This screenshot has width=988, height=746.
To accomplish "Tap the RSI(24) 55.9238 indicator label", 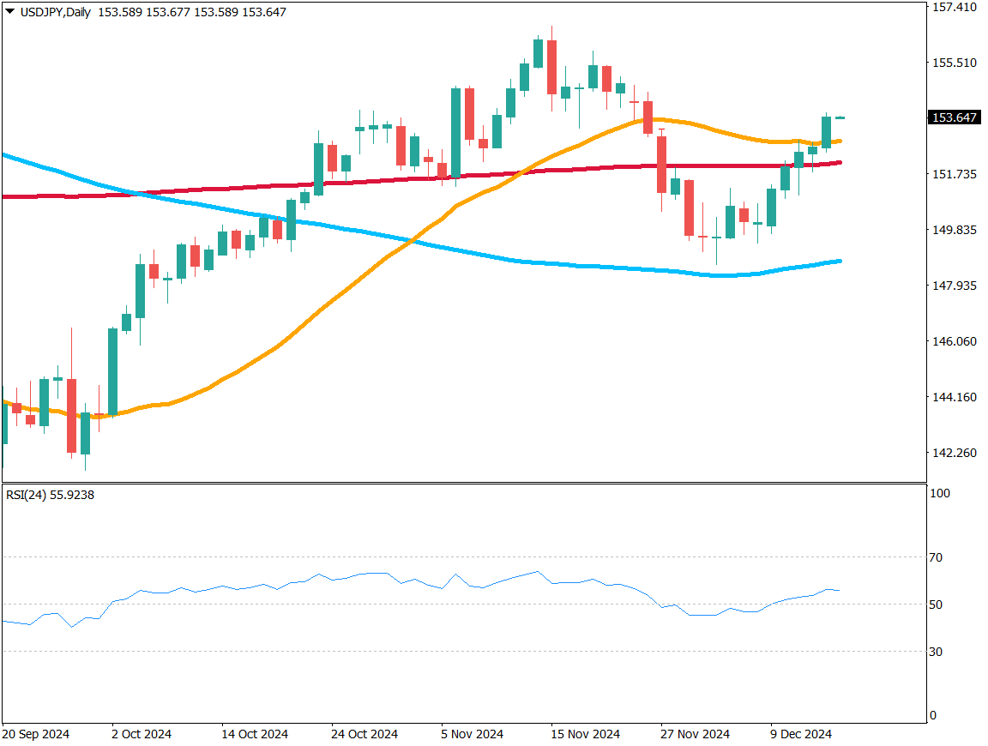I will click(50, 495).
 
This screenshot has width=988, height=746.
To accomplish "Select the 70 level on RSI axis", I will click(936, 557).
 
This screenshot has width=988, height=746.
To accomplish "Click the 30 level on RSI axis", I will click(936, 652).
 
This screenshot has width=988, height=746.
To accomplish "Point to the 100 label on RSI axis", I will click(939, 494).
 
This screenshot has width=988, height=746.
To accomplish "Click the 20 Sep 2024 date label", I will click(36, 735).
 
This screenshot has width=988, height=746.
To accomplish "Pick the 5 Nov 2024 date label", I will click(473, 735).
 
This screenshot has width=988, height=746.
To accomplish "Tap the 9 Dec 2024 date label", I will click(801, 735).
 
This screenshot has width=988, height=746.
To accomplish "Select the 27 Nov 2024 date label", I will click(695, 735).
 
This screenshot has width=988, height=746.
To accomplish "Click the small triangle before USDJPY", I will click(9, 12).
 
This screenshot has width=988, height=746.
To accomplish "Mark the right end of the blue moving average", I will click(840, 261).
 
